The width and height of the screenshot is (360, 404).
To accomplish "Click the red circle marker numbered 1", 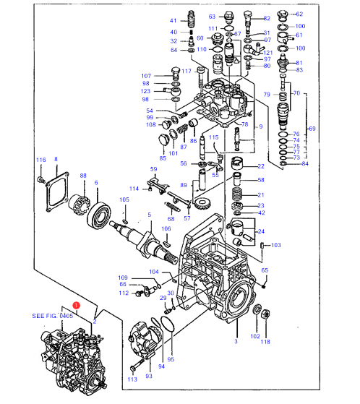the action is (x=77, y=305).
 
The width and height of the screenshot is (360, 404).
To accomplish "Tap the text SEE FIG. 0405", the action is (x=53, y=316).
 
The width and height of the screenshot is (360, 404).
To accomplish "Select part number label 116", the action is (x=40, y=160).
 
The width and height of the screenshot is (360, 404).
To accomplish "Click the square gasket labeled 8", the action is (x=57, y=192).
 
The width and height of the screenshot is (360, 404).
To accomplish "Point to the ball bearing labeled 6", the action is (x=99, y=215).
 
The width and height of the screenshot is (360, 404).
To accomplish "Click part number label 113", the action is (x=132, y=379).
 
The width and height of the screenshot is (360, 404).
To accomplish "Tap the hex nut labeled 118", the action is (x=265, y=314).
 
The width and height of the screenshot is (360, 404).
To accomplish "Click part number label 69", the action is (x=312, y=129).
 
